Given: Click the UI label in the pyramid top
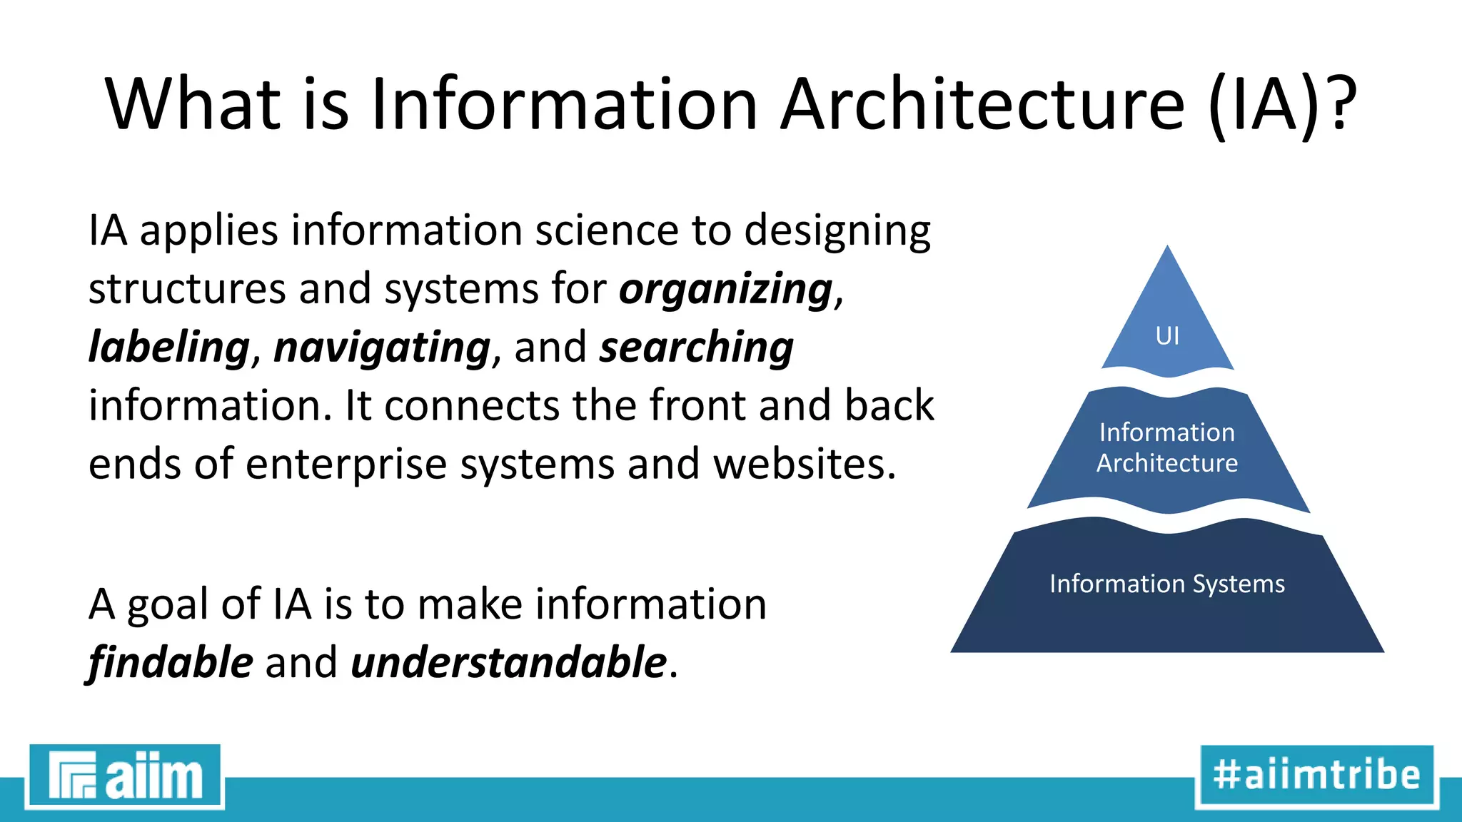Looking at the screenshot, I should (x=1167, y=335).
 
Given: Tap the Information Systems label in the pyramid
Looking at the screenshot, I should (x=1167, y=584).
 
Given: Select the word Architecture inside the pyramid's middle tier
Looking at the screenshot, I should (x=1167, y=464).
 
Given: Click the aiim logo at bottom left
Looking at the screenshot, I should (x=125, y=776).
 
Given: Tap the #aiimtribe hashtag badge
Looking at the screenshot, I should (x=1316, y=776).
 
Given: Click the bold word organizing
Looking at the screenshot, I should (x=725, y=290).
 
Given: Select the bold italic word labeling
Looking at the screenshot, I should (x=168, y=347).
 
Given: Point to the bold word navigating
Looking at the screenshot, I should (x=382, y=347).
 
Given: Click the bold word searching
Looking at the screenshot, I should (x=696, y=347).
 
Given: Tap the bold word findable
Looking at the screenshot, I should (x=171, y=662).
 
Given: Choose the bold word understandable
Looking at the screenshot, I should (x=508, y=662).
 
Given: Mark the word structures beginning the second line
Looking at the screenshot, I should (x=187, y=289).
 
